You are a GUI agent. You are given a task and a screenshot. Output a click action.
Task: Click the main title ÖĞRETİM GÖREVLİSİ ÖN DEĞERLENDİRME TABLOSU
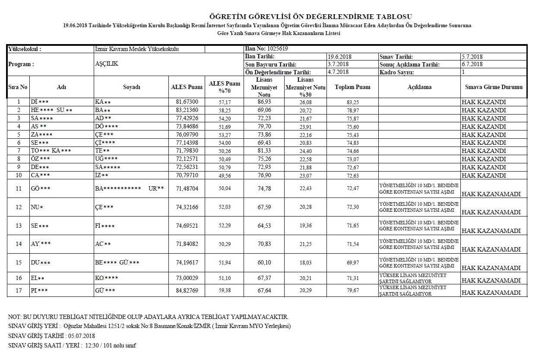coord(307,17)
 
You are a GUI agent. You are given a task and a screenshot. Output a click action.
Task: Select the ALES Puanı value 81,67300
coord(186,102)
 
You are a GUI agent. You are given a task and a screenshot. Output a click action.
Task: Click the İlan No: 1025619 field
coord(266,49)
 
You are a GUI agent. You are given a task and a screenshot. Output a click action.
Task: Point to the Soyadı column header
coord(131,87)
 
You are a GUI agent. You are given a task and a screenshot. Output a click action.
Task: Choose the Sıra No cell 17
coord(18,290)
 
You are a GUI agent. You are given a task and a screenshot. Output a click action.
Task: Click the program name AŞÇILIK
coord(106,64)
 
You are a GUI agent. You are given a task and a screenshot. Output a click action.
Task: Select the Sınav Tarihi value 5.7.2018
coord(472,57)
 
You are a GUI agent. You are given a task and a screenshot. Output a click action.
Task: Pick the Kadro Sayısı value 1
coord(463,72)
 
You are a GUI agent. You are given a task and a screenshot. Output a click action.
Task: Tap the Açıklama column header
coord(419,87)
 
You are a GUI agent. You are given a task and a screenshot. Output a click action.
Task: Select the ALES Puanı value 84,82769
coord(186,290)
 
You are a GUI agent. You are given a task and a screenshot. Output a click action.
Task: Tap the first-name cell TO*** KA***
coord(51,151)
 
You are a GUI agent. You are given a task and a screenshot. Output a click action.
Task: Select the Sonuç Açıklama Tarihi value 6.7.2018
coord(472,64)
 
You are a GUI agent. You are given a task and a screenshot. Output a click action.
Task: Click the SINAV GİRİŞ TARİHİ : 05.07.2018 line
coord(51,336)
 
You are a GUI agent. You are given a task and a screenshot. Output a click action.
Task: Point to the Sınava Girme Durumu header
coord(494,87)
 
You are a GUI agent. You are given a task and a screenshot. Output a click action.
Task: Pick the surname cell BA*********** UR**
coord(129,189)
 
